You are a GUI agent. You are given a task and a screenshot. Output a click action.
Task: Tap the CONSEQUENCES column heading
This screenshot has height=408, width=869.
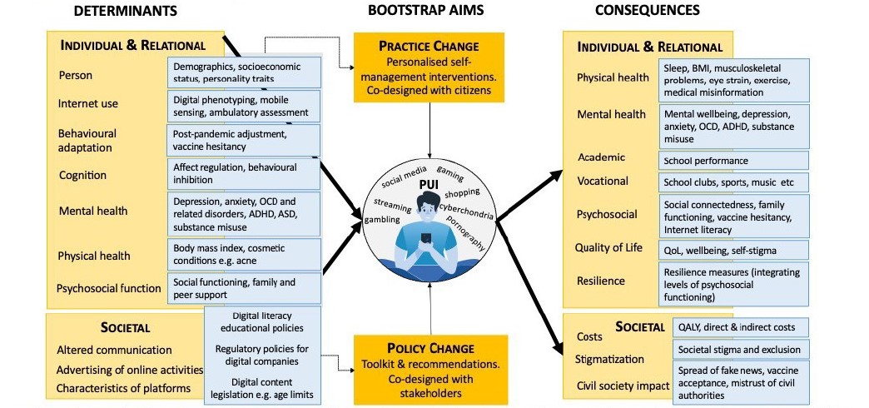point(648,11)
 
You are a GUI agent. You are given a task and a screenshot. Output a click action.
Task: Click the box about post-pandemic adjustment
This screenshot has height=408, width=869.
point(245,140)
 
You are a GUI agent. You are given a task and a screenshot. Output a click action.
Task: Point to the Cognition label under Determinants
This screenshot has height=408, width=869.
point(82,175)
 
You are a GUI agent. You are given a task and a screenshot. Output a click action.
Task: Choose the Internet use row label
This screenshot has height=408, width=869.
point(88,104)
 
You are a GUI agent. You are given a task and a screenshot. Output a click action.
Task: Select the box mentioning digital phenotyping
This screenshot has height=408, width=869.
point(245,106)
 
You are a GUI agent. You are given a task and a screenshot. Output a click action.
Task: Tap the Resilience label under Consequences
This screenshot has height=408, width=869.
point(601,281)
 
